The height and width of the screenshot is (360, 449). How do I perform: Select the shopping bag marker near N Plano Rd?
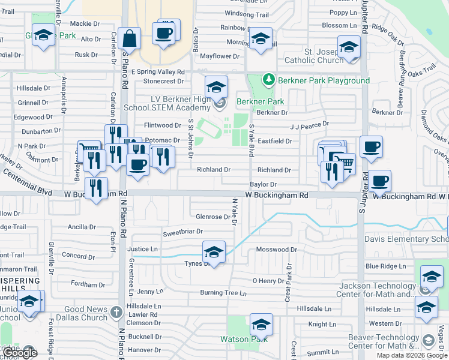click(130, 39)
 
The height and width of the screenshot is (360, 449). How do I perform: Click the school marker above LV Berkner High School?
click(217, 87)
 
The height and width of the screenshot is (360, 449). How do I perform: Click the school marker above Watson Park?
click(261, 325)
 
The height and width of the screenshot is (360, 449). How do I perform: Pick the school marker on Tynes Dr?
click(214, 253)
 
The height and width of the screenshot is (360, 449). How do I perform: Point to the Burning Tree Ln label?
click(223, 293)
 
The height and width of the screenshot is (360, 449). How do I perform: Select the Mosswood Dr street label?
click(277, 249)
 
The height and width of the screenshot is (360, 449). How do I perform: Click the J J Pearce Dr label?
click(309, 124)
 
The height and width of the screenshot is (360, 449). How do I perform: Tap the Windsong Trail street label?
click(247, 14)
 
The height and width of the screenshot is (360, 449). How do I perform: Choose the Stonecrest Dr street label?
click(163, 81)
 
